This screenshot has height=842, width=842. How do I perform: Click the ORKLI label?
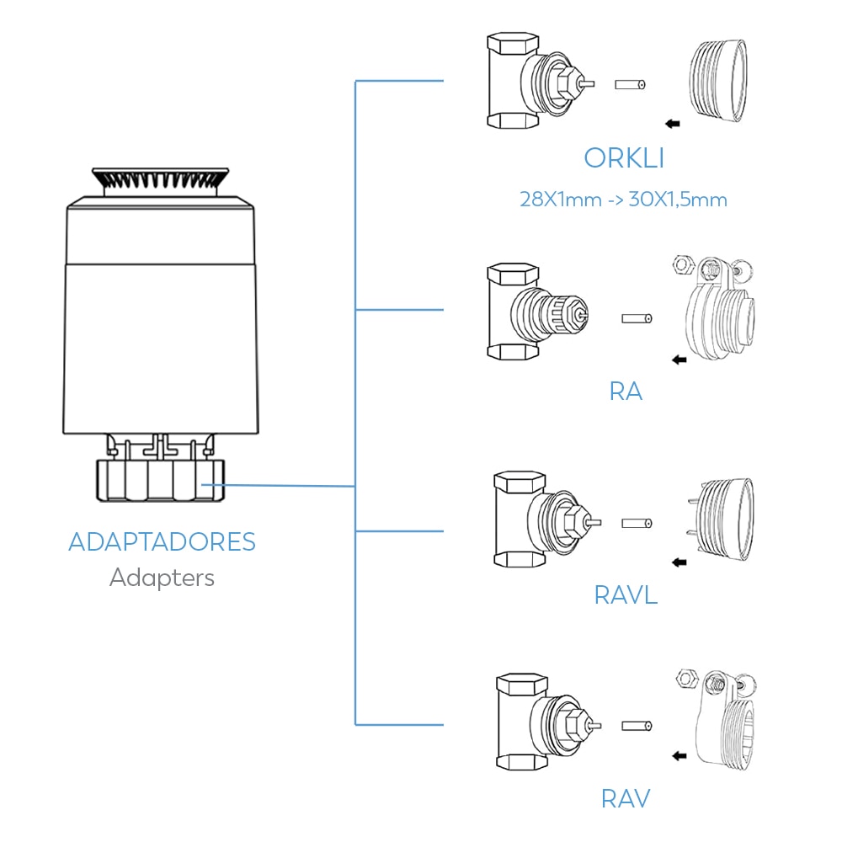click(x=624, y=158)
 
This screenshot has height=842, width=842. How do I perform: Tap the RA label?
click(x=625, y=392)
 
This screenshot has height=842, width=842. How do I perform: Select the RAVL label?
click(x=625, y=595)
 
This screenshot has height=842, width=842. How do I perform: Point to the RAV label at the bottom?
click(x=625, y=797)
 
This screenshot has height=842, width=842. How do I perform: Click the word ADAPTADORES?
click(x=162, y=541)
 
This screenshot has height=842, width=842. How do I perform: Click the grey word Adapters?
click(x=162, y=578)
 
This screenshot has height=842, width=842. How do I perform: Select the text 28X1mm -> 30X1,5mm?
click(x=623, y=200)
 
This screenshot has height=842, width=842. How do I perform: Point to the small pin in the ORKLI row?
click(x=629, y=85)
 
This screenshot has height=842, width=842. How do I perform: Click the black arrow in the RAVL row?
click(x=679, y=562)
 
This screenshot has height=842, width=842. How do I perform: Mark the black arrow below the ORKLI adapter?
click(x=673, y=124)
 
